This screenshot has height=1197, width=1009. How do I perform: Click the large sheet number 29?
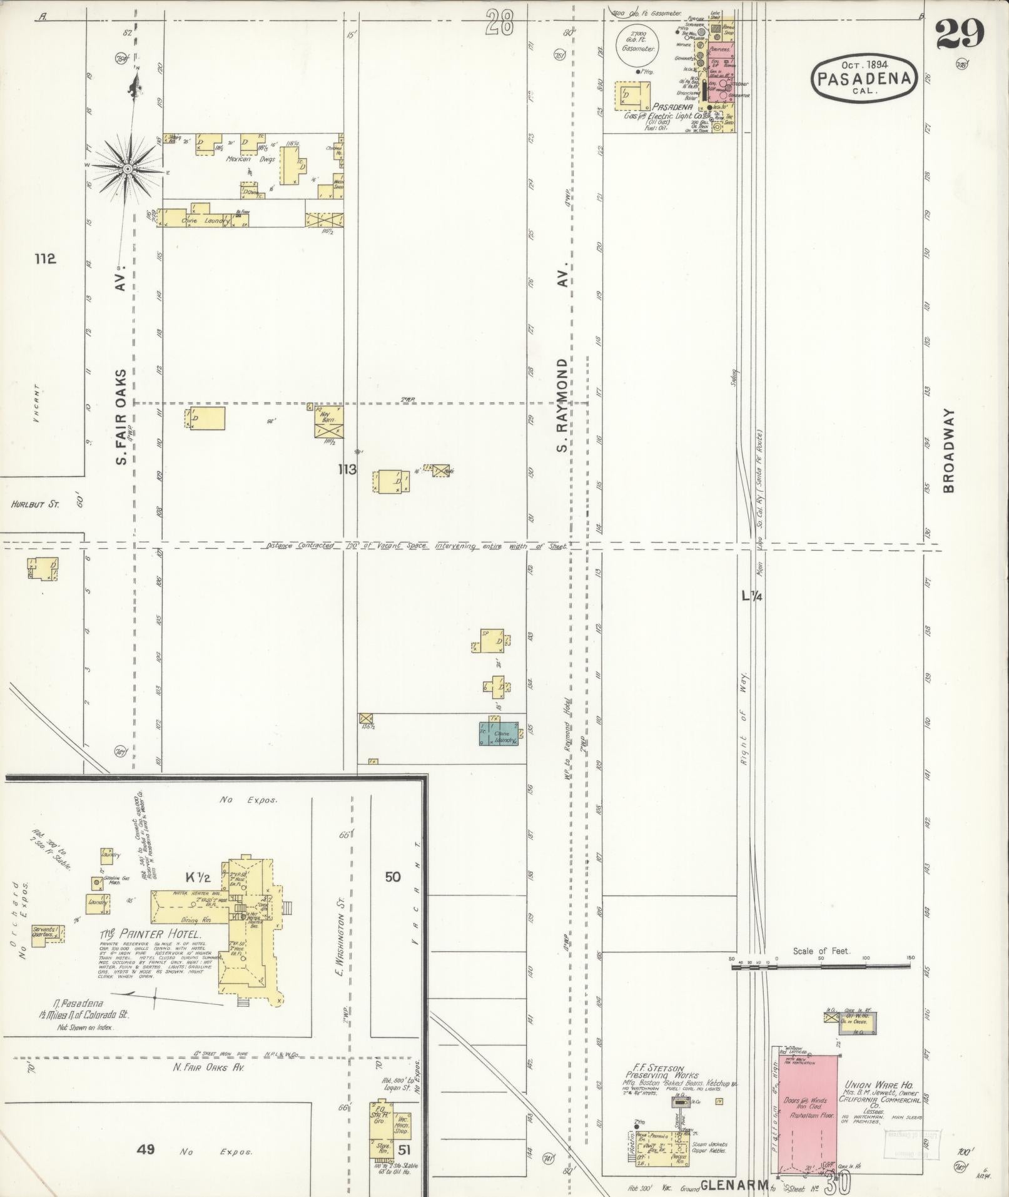(x=960, y=33)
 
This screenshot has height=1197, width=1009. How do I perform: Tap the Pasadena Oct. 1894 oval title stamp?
(x=865, y=78)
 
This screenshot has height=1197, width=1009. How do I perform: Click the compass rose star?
(x=128, y=168)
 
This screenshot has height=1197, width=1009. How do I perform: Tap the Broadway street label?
(x=950, y=451)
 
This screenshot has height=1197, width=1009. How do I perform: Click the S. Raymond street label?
(x=562, y=405)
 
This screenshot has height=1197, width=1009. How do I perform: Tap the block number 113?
(x=347, y=469)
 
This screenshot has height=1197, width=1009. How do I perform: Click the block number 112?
(x=45, y=258)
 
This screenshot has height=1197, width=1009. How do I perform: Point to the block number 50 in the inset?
(x=392, y=877)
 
